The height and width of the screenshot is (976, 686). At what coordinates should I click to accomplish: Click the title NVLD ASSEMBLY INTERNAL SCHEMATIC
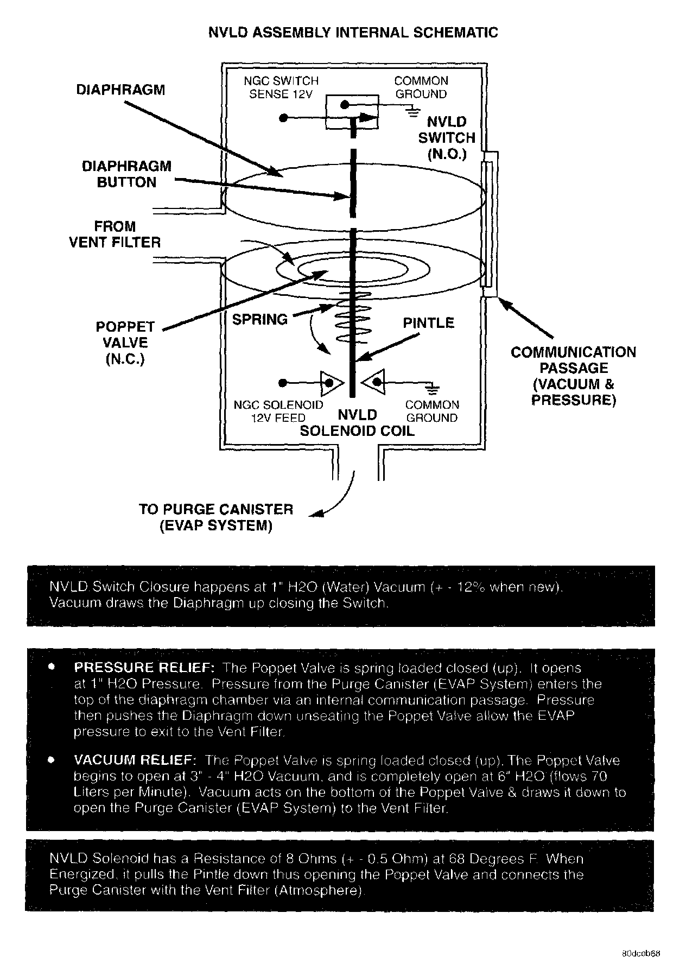tap(353, 33)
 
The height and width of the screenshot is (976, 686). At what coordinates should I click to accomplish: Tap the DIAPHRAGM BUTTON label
tap(126, 174)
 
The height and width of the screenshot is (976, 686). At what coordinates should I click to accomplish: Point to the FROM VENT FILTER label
tap(115, 234)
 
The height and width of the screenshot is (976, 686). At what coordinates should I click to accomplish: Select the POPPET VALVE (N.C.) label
tap(125, 343)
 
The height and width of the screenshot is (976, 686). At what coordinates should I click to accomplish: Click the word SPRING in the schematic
tap(260, 320)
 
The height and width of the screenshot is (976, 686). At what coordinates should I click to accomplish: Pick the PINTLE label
tap(428, 323)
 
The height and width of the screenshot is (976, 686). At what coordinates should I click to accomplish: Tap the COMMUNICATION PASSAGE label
tap(573, 376)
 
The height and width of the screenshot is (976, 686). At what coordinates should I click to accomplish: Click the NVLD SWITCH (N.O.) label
tap(447, 138)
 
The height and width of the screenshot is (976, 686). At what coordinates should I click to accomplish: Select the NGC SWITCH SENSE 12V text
tap(281, 87)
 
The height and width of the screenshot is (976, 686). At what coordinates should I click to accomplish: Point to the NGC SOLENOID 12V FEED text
tap(278, 411)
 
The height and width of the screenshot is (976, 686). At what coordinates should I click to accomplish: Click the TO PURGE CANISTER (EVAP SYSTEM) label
tap(216, 517)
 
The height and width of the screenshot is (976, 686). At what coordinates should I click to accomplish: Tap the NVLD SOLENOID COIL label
tap(357, 423)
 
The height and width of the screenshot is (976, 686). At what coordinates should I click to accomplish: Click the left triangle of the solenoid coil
tap(331, 383)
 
